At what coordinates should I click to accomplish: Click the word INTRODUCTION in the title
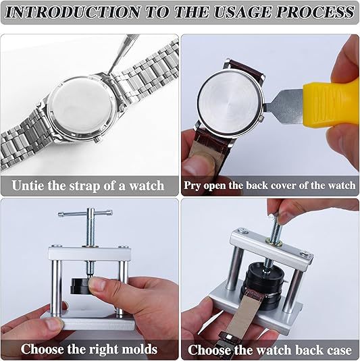click(72, 12)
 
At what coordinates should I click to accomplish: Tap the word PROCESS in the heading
click(315, 12)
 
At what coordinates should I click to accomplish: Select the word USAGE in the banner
click(242, 12)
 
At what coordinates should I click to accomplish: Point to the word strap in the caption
click(85, 186)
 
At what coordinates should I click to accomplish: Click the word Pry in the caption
click(192, 186)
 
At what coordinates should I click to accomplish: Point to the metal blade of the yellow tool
click(284, 107)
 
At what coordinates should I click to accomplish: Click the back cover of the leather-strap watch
click(230, 103)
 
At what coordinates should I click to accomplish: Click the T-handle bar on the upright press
click(85, 213)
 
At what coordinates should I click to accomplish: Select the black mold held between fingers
click(80, 286)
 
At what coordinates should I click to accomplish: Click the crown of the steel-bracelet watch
click(98, 139)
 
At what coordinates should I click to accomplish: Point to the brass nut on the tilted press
click(274, 242)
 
